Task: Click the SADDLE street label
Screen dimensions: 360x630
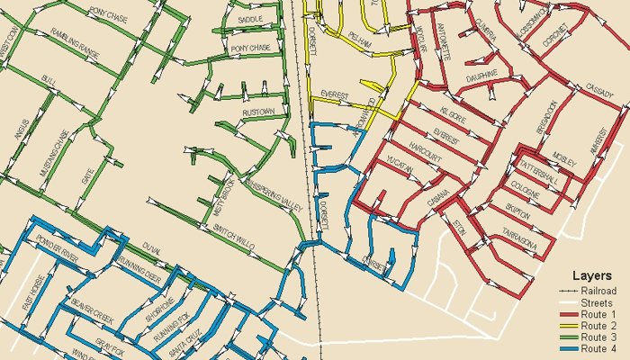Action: (x=249, y=19)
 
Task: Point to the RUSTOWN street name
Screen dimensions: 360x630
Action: (x=257, y=112)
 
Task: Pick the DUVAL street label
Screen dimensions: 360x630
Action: (x=151, y=245)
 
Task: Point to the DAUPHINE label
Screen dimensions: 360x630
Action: (x=481, y=76)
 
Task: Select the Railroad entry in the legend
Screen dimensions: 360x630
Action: (x=598, y=291)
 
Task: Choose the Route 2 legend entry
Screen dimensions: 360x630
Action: (x=599, y=326)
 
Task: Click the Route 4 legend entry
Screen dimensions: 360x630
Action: (x=599, y=349)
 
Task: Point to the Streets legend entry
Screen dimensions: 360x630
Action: (x=598, y=302)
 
